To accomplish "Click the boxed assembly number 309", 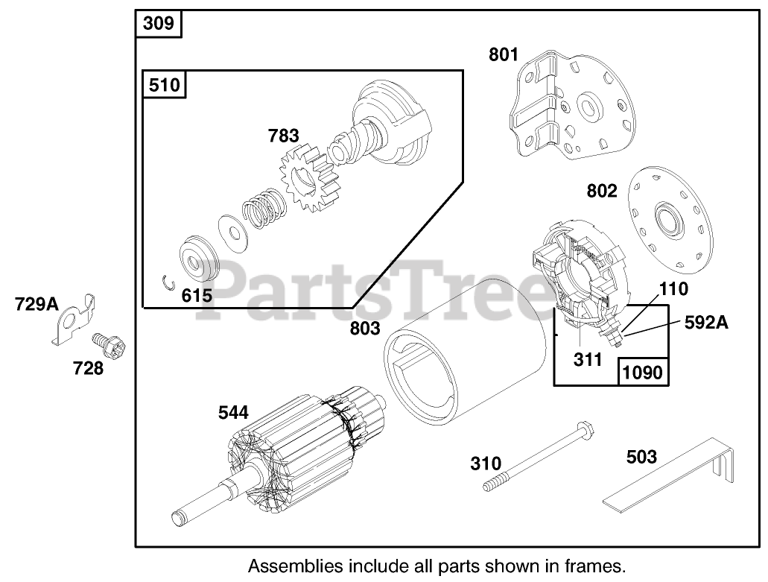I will (x=159, y=24).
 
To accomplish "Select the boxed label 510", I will (x=164, y=84).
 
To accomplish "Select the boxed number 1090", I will (x=641, y=372).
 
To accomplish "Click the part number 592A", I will (x=706, y=323).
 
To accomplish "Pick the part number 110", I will (x=673, y=288).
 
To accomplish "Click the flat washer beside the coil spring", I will (x=231, y=229).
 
